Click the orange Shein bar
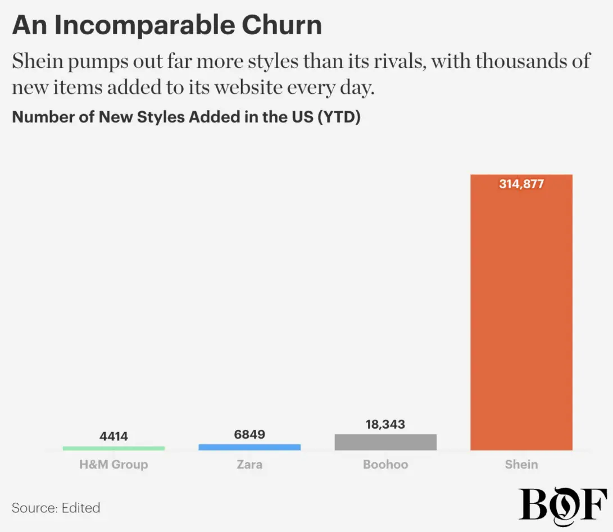(x=521, y=315)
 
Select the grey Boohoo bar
(x=385, y=442)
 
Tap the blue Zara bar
(x=249, y=447)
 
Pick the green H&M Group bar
(x=113, y=448)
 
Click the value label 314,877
(x=521, y=184)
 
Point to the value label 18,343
(x=385, y=424)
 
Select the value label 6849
(x=249, y=434)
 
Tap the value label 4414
(x=113, y=436)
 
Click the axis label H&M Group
(x=113, y=465)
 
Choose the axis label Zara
(x=249, y=465)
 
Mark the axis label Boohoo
(x=385, y=465)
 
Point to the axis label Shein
(x=521, y=465)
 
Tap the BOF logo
(x=563, y=504)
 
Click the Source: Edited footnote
(x=56, y=508)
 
